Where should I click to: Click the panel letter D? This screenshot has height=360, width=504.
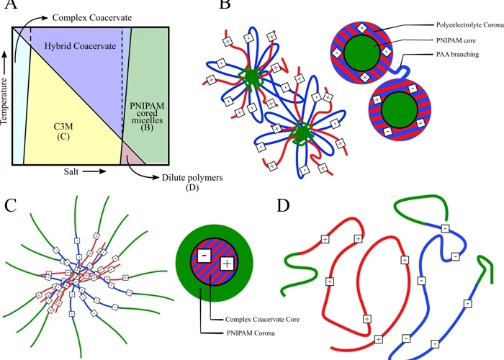pyautogui.click(x=284, y=206)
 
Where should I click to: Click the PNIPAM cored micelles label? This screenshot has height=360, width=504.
pyautogui.click(x=147, y=120)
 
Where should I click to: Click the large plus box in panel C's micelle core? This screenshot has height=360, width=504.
pyautogui.click(x=227, y=265)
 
